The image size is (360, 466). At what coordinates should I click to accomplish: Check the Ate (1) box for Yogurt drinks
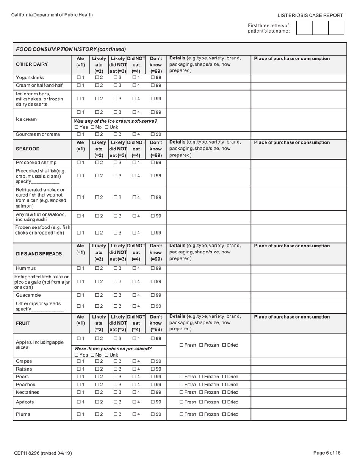coord(78,78)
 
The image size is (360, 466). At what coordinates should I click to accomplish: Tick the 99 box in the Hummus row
coord(153,268)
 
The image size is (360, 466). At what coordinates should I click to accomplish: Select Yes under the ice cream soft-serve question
coord(77,127)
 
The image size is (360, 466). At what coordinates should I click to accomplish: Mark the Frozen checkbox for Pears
coord(201,377)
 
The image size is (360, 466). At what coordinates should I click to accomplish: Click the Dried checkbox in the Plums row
coord(224,414)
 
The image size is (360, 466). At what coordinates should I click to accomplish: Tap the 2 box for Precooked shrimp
coord(97,163)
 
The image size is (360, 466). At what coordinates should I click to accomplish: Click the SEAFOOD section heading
coord(28,149)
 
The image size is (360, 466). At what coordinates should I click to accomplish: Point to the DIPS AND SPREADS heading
coord(39,254)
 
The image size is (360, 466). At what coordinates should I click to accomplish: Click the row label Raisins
coord(24,369)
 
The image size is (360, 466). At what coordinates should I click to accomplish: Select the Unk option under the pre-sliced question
coord(106,355)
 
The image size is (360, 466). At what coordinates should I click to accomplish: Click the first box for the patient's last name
coord(304,28)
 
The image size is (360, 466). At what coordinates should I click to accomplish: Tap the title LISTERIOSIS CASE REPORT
coord(310,16)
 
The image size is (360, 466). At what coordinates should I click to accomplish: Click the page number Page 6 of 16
coord(327,453)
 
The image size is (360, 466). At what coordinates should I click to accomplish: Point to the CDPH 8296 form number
coord(43,453)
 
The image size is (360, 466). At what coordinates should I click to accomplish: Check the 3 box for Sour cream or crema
coord(115,134)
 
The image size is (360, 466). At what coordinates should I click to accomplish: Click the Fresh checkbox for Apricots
coord(181,402)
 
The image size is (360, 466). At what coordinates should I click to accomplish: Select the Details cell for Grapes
coord(208,361)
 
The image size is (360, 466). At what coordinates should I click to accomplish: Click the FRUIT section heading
coord(23,324)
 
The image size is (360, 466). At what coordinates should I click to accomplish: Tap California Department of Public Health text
coord(52,15)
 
